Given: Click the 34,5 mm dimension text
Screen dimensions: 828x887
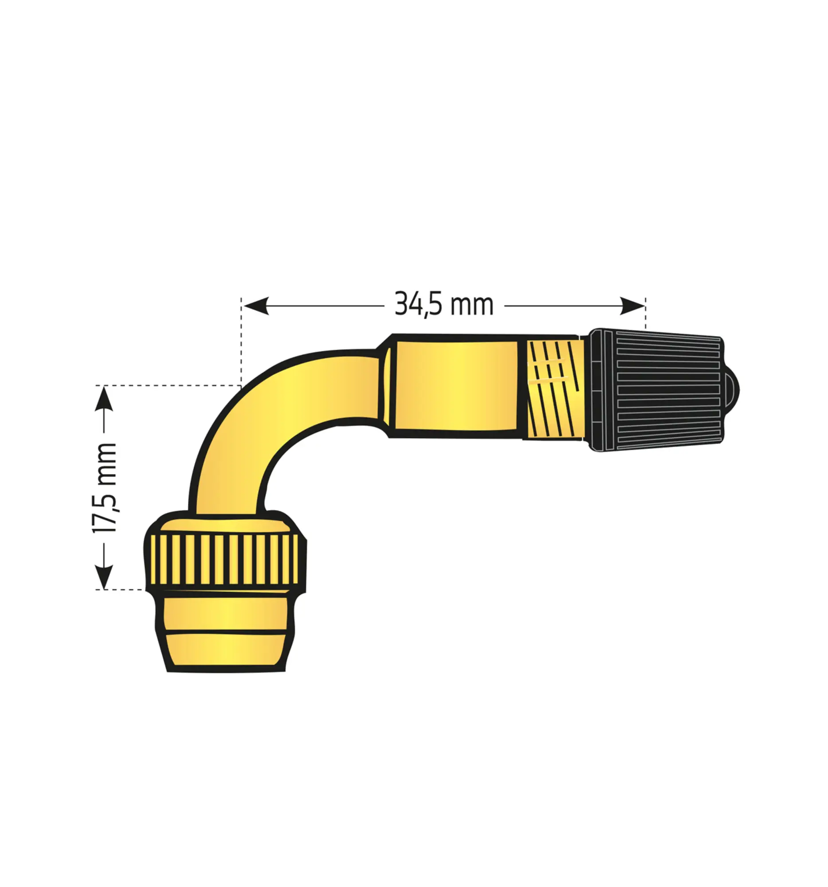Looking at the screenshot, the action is (x=444, y=305).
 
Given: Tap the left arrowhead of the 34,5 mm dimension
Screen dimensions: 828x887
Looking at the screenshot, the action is (x=256, y=306).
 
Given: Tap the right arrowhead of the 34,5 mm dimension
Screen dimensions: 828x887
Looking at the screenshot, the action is (x=632, y=306).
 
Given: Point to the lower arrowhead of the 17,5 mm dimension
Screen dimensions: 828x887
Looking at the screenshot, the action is (x=103, y=577).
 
